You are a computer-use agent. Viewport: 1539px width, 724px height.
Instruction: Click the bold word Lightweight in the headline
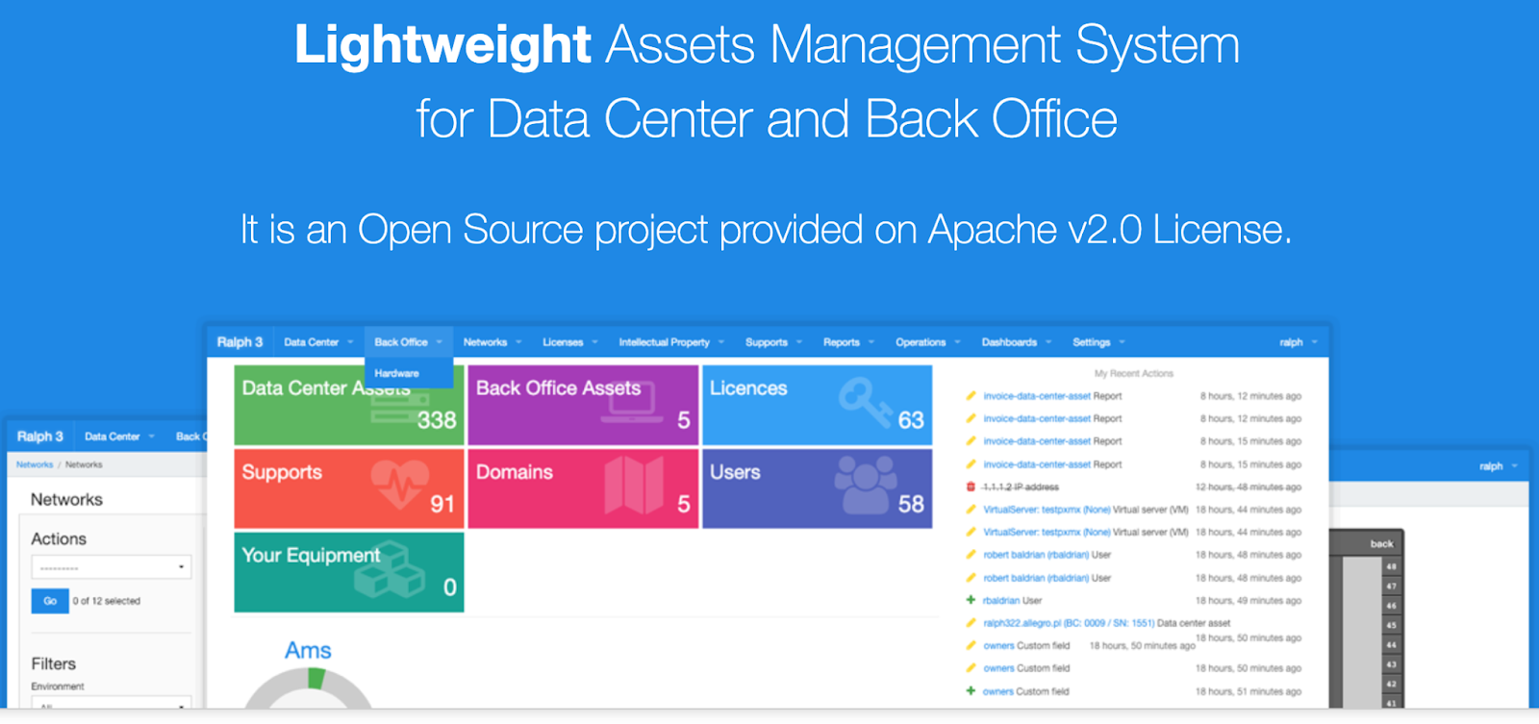pyautogui.click(x=442, y=45)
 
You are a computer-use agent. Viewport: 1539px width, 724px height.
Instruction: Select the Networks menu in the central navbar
pyautogui.click(x=485, y=342)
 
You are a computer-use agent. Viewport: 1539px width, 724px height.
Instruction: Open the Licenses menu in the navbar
pyautogui.click(x=563, y=342)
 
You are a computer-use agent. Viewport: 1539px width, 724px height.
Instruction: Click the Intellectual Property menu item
pyautogui.click(x=664, y=342)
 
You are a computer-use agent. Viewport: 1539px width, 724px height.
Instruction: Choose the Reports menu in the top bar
pyautogui.click(x=842, y=342)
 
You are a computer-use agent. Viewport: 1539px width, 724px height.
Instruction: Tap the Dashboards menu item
pyautogui.click(x=1009, y=342)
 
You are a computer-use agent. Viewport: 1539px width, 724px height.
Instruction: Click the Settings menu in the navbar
pyautogui.click(x=1092, y=342)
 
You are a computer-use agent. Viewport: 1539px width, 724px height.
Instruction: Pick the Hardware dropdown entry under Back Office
pyautogui.click(x=397, y=373)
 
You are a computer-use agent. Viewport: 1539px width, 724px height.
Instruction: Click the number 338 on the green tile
pyautogui.click(x=437, y=420)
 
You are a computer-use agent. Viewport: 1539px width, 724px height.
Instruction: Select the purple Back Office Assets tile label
pyautogui.click(x=558, y=388)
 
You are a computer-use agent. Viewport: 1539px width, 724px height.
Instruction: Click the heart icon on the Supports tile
pyautogui.click(x=400, y=482)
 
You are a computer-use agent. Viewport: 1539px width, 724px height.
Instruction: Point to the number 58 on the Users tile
pyautogui.click(x=911, y=504)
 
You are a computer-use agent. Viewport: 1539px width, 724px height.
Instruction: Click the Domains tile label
pyautogui.click(x=515, y=472)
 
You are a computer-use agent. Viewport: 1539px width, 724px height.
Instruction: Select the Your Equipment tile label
pyautogui.click(x=311, y=556)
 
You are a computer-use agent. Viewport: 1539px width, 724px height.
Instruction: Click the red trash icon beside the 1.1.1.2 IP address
pyautogui.click(x=971, y=487)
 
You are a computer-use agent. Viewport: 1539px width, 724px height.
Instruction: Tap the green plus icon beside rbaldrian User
pyautogui.click(x=971, y=600)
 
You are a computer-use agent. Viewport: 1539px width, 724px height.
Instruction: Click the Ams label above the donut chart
pyautogui.click(x=308, y=651)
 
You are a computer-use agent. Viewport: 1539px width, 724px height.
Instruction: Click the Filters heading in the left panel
pyautogui.click(x=53, y=663)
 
